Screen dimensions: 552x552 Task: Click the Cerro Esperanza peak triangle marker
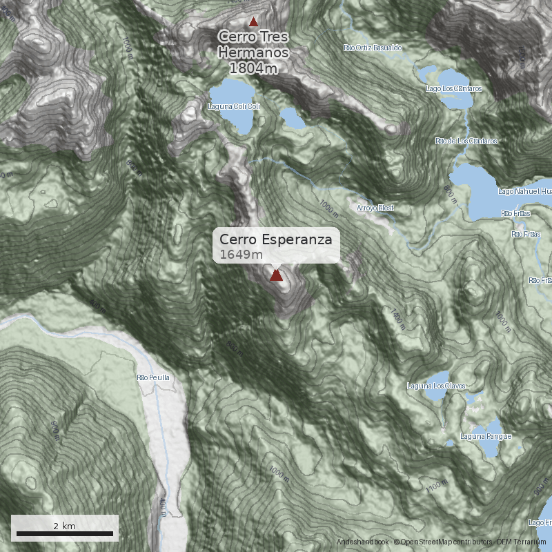(276, 275)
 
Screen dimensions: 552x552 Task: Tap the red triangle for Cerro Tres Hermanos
(253, 21)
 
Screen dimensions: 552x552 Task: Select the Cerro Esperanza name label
(276, 239)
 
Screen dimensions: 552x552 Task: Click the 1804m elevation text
(253, 68)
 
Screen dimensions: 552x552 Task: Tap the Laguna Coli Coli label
(234, 106)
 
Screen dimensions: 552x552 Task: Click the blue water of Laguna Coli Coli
(235, 93)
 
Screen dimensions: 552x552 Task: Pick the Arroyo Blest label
(375, 208)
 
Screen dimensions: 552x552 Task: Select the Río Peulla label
(153, 377)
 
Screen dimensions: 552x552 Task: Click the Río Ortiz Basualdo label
(373, 48)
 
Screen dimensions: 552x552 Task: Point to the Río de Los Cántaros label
(466, 141)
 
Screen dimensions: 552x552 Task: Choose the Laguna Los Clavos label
(437, 386)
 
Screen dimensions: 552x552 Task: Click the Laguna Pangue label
(486, 436)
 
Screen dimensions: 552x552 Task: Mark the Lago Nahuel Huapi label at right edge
(525, 190)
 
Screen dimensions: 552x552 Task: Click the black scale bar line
(65, 533)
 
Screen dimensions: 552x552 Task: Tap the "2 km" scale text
(64, 526)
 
